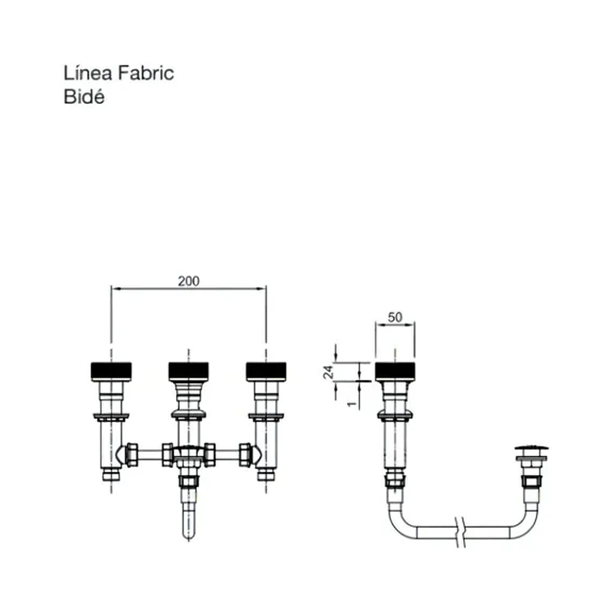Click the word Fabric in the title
[x=146, y=73]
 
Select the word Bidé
[x=84, y=96]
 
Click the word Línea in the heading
[x=88, y=73]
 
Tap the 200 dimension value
[x=188, y=281]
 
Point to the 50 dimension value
[x=395, y=317]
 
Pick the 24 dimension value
[x=329, y=372]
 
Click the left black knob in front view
[x=111, y=371]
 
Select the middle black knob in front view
[x=188, y=371]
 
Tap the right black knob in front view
[x=266, y=371]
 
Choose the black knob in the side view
[x=395, y=371]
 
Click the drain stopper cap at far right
[x=531, y=448]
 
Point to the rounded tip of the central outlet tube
[x=188, y=536]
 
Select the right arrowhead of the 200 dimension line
[x=261, y=288]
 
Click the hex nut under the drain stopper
[x=531, y=481]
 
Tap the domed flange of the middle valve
[x=188, y=414]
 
